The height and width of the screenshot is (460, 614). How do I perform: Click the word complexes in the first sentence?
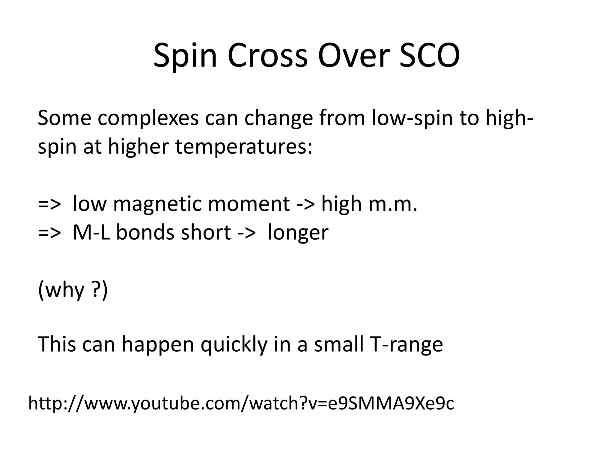(148, 118)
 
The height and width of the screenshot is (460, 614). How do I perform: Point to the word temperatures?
(243, 147)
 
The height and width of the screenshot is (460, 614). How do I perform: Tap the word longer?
(298, 233)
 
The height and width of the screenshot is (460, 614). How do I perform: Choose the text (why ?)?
(73, 290)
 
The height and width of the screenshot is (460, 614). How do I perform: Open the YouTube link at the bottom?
(241, 403)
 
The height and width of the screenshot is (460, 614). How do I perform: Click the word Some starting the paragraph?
(64, 118)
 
